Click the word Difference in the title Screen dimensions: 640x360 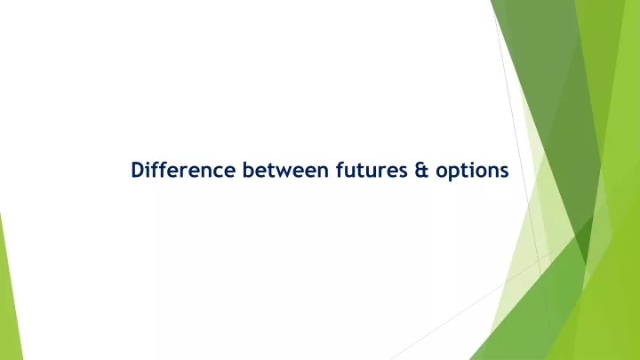[x=183, y=170]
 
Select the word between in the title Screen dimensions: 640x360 [x=285, y=170]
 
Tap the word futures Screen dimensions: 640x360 [x=372, y=170]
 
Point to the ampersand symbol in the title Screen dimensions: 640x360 [x=421, y=170]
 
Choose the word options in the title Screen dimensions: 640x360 [x=472, y=172]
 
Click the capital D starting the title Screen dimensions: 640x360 [x=138, y=170]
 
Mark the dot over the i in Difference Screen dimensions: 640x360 [x=150, y=163]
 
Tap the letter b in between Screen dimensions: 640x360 [x=248, y=170]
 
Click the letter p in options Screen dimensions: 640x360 [x=454, y=173]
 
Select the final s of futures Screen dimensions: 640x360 [x=403, y=172]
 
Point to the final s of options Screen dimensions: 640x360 [x=504, y=172]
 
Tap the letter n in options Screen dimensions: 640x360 [x=492, y=172]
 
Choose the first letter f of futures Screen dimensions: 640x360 [x=340, y=170]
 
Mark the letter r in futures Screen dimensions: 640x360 [x=381, y=172]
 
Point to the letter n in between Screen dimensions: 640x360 [x=323, y=172]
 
